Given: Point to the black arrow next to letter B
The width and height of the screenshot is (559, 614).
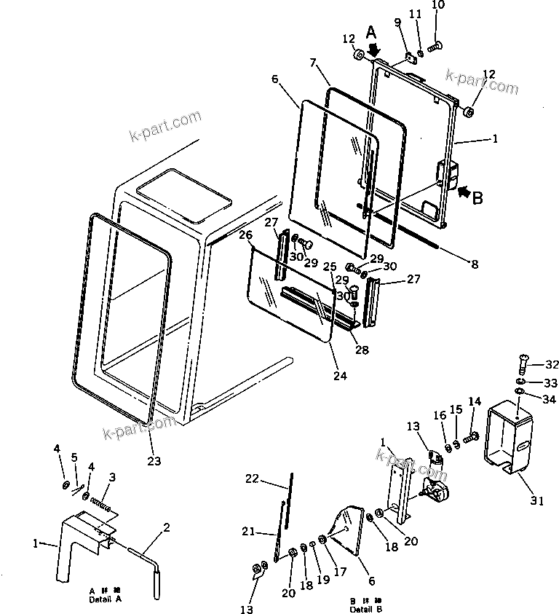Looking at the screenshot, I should click(461, 192).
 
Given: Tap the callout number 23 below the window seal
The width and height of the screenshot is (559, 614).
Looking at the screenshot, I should click(154, 460).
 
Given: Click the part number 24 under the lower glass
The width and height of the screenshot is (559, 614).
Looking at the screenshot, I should click(340, 376).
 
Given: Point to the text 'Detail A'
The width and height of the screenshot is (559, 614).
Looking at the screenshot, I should click(106, 598).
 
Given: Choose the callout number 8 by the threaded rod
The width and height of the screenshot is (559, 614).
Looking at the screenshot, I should click(475, 264).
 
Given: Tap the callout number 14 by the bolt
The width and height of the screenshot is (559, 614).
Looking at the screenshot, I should click(475, 401).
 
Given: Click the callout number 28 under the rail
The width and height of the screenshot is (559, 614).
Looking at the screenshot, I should click(362, 350).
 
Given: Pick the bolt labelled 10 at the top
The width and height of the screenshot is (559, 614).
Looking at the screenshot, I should click(434, 47).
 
